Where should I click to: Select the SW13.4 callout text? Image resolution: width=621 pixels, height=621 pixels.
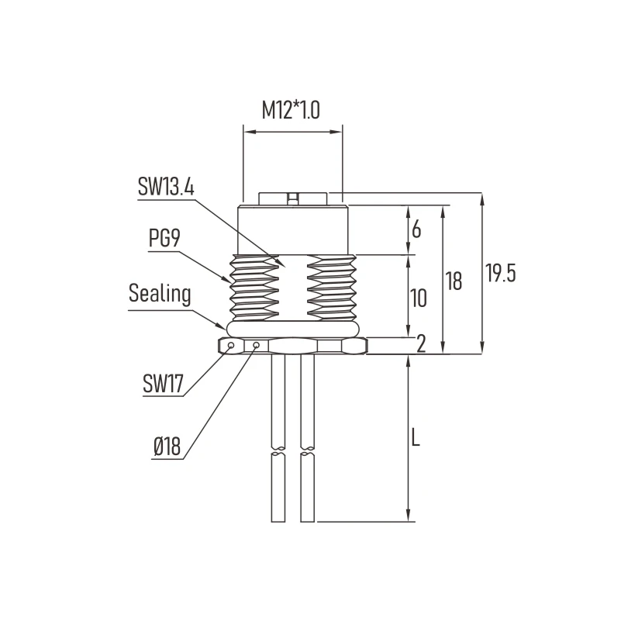(x=165, y=187)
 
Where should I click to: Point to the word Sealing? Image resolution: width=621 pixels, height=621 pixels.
(x=160, y=294)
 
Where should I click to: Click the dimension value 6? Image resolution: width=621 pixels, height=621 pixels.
(x=416, y=229)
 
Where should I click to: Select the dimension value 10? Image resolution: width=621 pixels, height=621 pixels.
(x=418, y=298)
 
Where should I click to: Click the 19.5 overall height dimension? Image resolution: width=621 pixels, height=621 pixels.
(x=500, y=274)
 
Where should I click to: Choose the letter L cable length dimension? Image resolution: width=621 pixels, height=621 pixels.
(x=416, y=439)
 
